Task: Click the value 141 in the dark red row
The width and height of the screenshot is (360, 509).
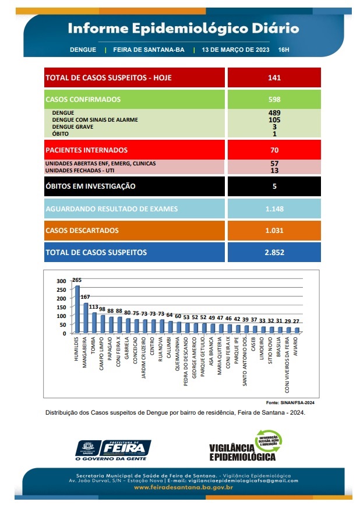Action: pyautogui.click(x=274, y=77)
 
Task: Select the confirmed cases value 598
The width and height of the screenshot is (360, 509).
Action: pyautogui.click(x=274, y=100)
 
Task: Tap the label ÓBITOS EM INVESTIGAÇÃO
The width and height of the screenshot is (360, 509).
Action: pyautogui.click(x=90, y=186)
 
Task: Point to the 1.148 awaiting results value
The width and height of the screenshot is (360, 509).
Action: pyautogui.click(x=274, y=208)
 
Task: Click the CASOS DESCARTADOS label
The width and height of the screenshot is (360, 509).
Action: pyautogui.click(x=82, y=231)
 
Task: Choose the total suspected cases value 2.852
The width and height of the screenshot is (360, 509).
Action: pyautogui.click(x=274, y=252)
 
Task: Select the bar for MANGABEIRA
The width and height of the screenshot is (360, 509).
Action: pyautogui.click(x=86, y=318)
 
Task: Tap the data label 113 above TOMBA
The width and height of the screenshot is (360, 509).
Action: pyautogui.click(x=93, y=307)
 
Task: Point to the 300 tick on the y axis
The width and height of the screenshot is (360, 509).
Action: pyautogui.click(x=61, y=281)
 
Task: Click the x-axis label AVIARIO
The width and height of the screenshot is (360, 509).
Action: pyautogui.click(x=295, y=346)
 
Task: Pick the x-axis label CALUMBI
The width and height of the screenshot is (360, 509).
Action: pyautogui.click(x=169, y=347)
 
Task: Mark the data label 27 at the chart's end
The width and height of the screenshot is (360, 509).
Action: pyautogui.click(x=296, y=321)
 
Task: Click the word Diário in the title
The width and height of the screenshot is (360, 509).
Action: pyautogui.click(x=276, y=28)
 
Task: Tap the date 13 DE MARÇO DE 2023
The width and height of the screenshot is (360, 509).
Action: pyautogui.click(x=235, y=50)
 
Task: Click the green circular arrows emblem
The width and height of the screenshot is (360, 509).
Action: pyautogui.click(x=269, y=441)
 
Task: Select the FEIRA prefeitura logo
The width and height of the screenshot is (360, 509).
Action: pyautogui.click(x=113, y=450)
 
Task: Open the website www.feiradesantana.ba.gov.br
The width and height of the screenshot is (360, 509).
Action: pyautogui.click(x=183, y=487)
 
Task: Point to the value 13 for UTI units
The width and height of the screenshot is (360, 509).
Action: pyautogui.click(x=274, y=171)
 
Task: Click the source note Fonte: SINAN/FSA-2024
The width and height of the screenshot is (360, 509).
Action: pyautogui.click(x=290, y=402)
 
